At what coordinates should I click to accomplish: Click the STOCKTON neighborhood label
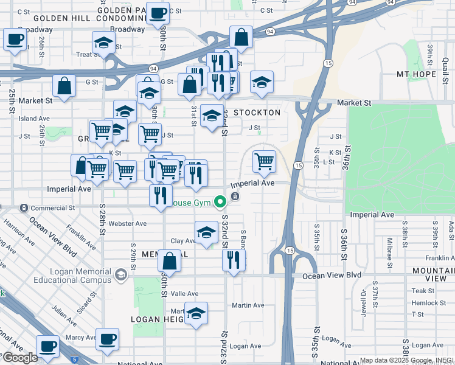257,113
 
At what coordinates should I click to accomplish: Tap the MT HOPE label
417,74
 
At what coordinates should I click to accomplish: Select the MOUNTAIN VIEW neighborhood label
433,274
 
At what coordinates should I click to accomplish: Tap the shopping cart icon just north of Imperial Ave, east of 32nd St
264,161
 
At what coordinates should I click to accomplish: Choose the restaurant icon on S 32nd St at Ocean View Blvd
234,260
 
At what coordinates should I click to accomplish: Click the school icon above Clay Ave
207,232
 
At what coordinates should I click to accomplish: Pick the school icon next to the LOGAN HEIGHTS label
196,314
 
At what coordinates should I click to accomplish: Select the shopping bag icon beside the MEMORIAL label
170,262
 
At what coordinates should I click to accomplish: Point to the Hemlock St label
428,303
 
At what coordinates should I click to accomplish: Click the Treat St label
88,54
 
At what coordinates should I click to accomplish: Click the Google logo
19,358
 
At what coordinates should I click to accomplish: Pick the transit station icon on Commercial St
23,208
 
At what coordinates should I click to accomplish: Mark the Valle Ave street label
184,293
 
